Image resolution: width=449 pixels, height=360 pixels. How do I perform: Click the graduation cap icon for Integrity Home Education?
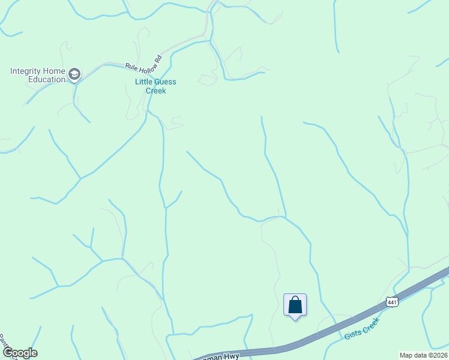click(74, 74)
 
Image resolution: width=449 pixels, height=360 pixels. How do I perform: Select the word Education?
click(47, 79)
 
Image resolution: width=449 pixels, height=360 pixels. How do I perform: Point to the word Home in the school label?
click(55, 71)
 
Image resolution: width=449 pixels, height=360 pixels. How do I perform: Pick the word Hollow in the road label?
click(146, 61)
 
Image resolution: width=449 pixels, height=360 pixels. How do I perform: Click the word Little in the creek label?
click(144, 82)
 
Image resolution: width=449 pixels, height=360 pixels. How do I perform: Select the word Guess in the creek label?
click(166, 82)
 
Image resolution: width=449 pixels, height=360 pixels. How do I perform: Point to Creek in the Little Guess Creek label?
click(155, 91)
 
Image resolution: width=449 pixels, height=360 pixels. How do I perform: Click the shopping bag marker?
click(295, 305)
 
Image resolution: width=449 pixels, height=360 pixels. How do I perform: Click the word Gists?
click(353, 334)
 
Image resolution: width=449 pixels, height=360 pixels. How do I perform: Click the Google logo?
click(19, 353)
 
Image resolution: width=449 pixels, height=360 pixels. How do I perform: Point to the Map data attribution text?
click(414, 355)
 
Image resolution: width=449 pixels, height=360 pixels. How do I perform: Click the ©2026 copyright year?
click(437, 355)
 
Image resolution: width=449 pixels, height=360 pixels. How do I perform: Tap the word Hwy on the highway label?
click(232, 356)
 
